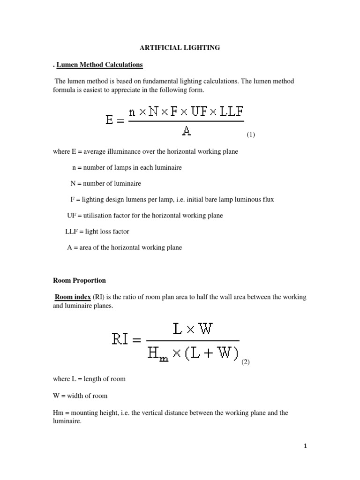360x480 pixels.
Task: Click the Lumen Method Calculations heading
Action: pos(99,64)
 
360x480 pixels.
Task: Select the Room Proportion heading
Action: pos(79,280)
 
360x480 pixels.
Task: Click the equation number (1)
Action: pos(251,135)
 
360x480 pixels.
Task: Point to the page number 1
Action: pos(305,446)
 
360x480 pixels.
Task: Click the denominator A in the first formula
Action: pos(186,131)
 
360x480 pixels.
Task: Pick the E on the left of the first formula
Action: pos(109,120)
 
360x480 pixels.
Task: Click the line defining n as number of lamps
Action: pos(127,167)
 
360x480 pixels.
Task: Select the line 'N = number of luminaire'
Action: pos(105,183)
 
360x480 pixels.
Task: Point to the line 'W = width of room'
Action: pos(80,396)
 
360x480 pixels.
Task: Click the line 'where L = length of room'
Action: pos(89,379)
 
